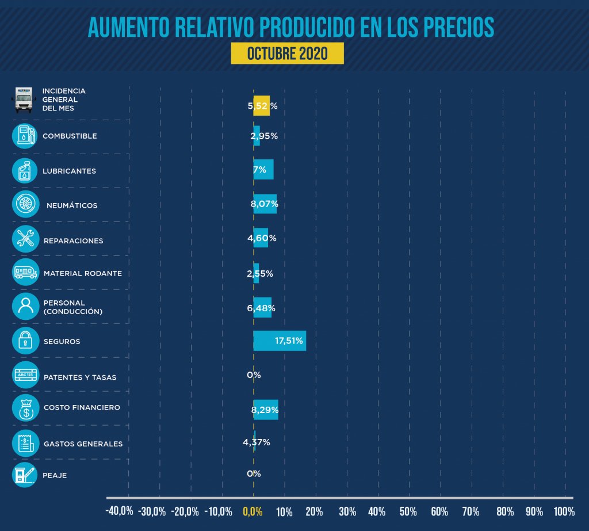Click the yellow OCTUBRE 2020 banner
pos(287,54)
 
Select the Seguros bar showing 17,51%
pos(280,341)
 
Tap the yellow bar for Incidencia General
pos(262,106)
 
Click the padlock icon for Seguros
pos(25,341)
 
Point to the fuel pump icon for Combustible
pos(25,136)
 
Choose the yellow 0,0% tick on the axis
pos(253,511)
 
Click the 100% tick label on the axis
pos(564,511)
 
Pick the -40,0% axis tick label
pos(120,511)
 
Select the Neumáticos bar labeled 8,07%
pos(265,204)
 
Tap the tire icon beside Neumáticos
pos(25,204)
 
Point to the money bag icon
pos(25,408)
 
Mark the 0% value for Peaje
pos(254,474)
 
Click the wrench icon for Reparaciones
pos(25,239)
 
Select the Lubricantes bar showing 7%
pos(263,170)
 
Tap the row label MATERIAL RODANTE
pos(83,273)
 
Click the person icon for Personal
pos(25,307)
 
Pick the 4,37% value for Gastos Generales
pos(256,442)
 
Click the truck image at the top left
pos(24,99)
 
